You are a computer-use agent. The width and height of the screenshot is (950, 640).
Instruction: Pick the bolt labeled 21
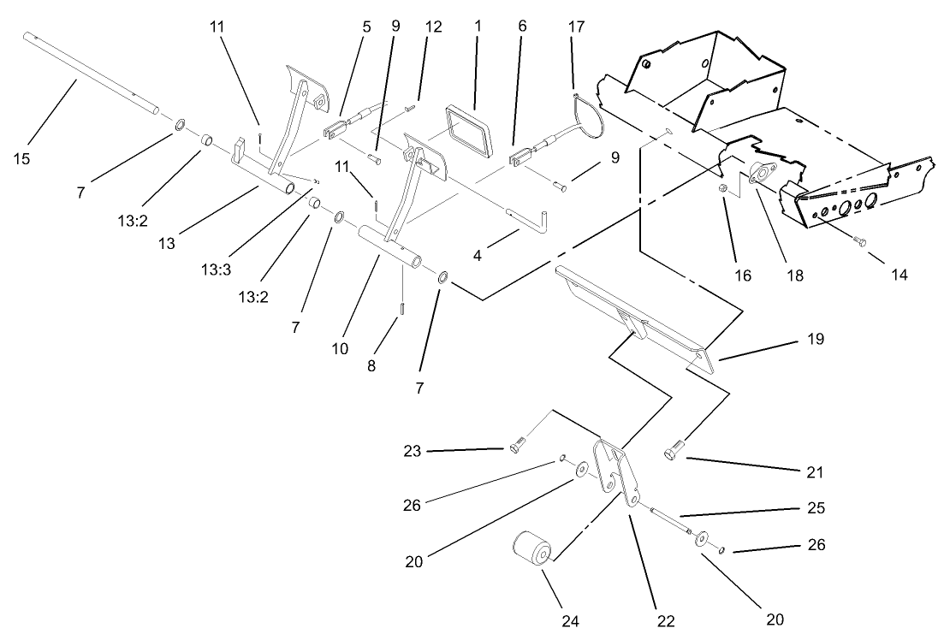673,450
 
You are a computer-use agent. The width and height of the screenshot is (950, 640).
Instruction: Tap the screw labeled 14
859,242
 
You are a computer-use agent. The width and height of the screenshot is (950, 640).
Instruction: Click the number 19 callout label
815,340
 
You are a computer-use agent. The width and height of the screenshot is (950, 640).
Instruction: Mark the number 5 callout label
366,27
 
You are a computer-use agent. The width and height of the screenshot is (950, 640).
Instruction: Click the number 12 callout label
433,27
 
